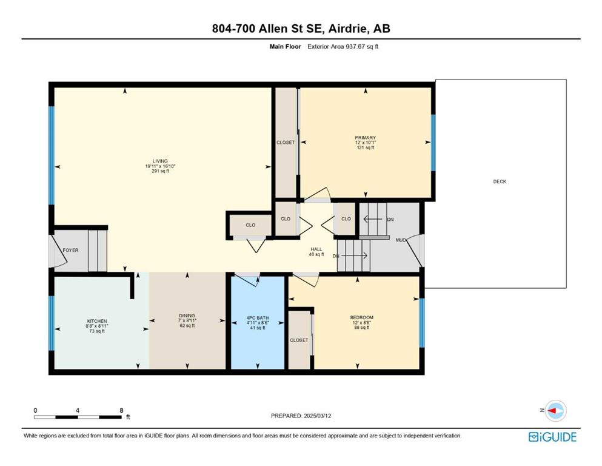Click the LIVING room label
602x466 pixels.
coord(160,161)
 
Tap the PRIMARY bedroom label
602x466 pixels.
coord(365,138)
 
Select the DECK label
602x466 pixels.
coord(500,181)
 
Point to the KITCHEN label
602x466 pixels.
coord(97,321)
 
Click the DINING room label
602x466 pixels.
coord(187,316)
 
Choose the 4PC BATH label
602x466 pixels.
coord(258,318)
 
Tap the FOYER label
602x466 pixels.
coord(71,250)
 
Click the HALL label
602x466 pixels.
coord(316,249)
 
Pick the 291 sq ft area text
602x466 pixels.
coord(160,171)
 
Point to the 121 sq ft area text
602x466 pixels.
coord(365,147)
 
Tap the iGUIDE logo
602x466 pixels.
coord(552,437)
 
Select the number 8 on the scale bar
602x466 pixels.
coord(121,410)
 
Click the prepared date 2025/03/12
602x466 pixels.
coord(318,416)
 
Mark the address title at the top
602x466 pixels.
coord(301,29)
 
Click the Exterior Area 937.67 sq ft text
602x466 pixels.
coord(343,47)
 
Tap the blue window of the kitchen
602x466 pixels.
coord(52,323)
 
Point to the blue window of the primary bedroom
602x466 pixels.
coord(433,143)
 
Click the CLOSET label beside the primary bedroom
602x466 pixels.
coord(286,143)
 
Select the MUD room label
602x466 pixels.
coord(401,240)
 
